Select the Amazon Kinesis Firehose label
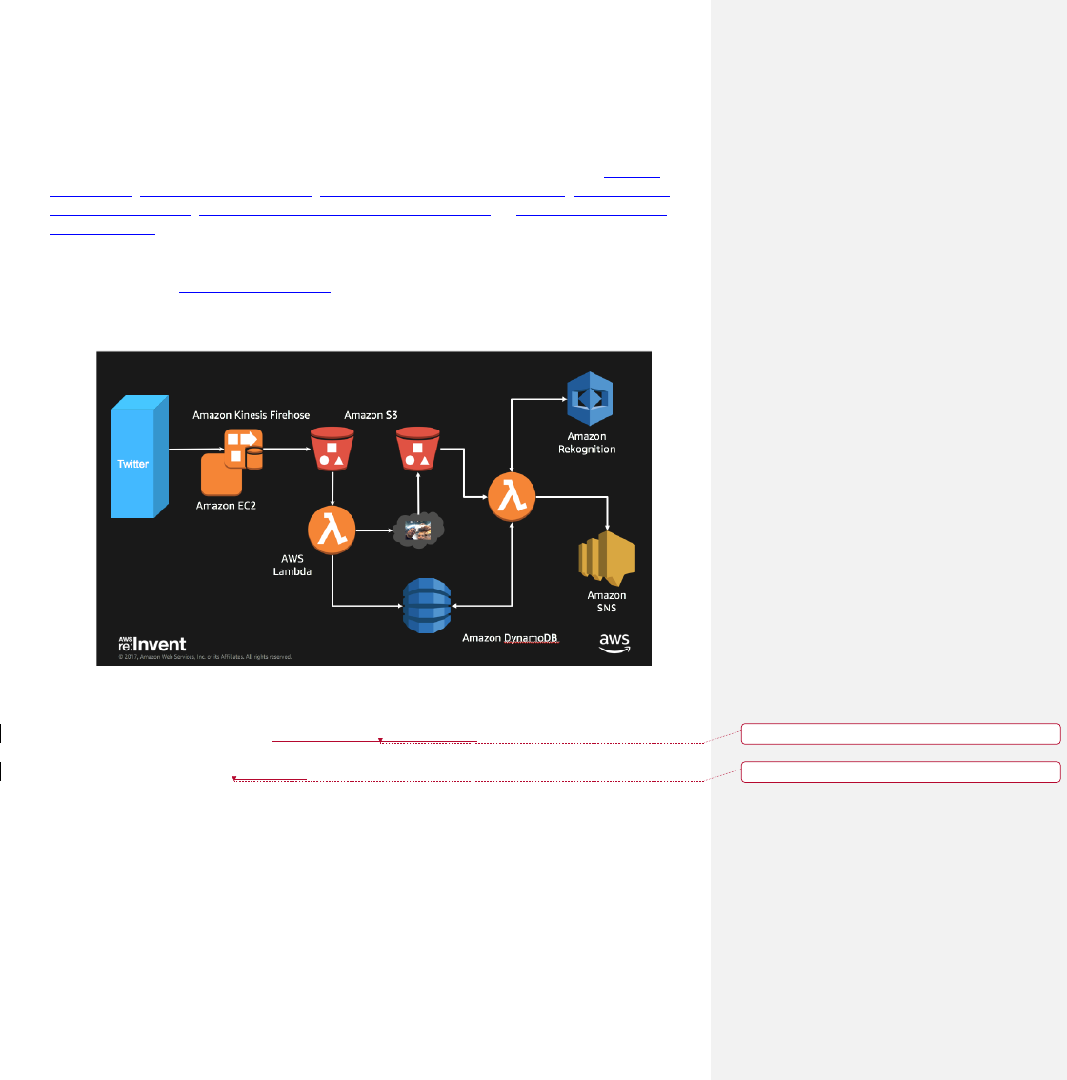pyautogui.click(x=251, y=415)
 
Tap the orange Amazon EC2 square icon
pyautogui.click(x=220, y=473)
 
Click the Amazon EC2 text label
pyautogui.click(x=226, y=505)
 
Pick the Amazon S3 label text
pyautogui.click(x=371, y=415)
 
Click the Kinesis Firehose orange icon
pyautogui.click(x=243, y=448)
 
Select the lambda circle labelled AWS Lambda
pyautogui.click(x=332, y=530)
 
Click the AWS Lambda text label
pyautogui.click(x=292, y=565)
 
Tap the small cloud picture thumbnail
pyautogui.click(x=419, y=529)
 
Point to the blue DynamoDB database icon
pyautogui.click(x=426, y=605)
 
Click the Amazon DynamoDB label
pyautogui.click(x=510, y=638)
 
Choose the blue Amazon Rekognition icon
pyautogui.click(x=589, y=398)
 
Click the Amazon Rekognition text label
pyautogui.click(x=587, y=443)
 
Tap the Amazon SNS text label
pyautogui.click(x=606, y=602)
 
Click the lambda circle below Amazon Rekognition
pyautogui.click(x=512, y=497)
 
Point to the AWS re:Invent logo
pyautogui.click(x=152, y=645)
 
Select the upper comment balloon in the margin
pyautogui.click(x=900, y=732)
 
